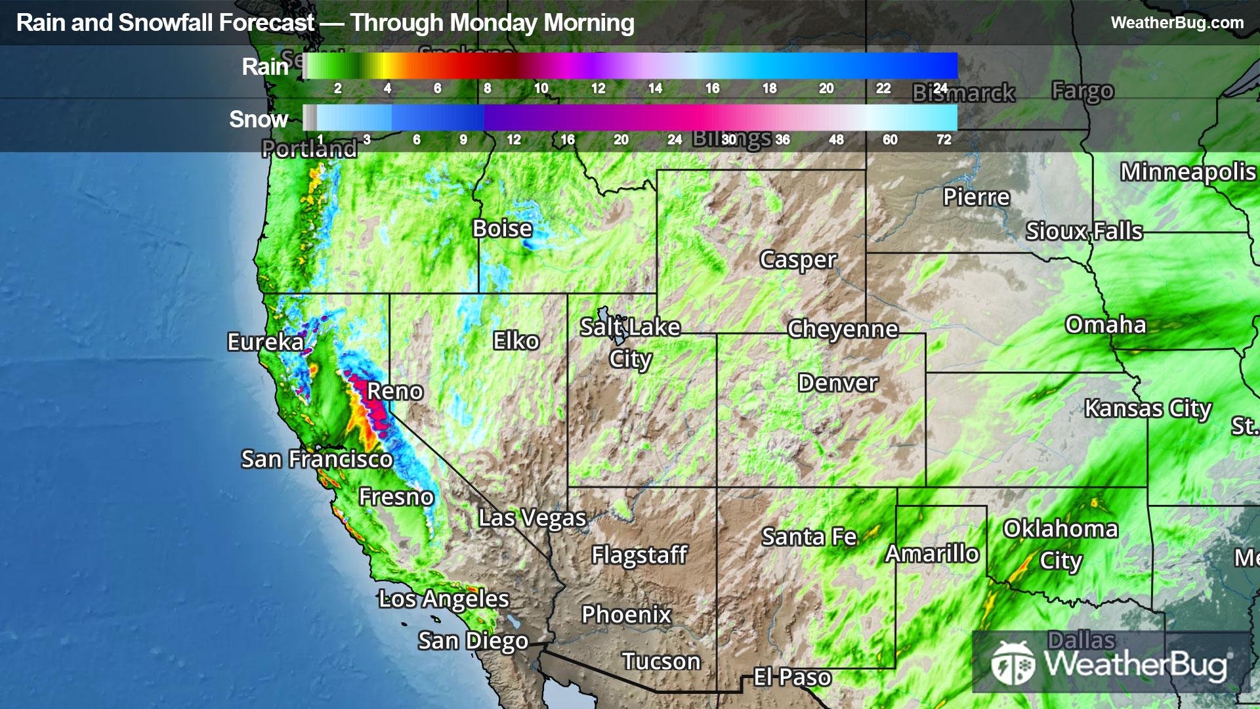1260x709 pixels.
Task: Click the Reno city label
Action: point(394,391)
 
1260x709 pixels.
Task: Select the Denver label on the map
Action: point(837,383)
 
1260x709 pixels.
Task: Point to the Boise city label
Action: point(502,228)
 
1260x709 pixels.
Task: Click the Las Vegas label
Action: point(532,518)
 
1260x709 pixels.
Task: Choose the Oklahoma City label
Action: point(1060,544)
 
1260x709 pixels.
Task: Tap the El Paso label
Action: point(792,677)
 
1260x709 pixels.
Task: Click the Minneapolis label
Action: point(1188,172)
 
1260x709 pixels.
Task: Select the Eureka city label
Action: point(265,342)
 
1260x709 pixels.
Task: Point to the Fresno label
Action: point(396,497)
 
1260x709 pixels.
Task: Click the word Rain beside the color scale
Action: point(264,67)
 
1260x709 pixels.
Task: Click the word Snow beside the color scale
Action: point(259,119)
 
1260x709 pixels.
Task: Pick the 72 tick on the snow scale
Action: point(944,139)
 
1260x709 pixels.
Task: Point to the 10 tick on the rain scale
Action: point(541,88)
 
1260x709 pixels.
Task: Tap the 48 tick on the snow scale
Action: point(836,139)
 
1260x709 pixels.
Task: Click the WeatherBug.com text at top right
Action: point(1177,23)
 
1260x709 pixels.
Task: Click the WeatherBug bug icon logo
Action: point(1013,663)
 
